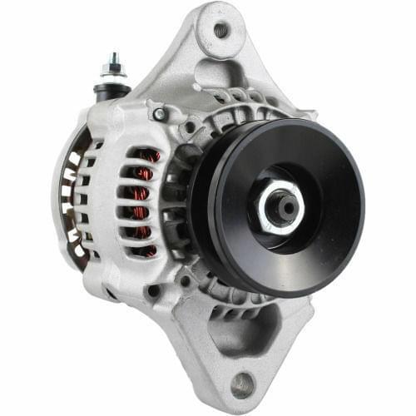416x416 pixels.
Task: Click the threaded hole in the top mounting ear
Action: (x=220, y=31)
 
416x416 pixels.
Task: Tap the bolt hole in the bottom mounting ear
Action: (x=243, y=384)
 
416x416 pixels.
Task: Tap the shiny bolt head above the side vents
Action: (x=158, y=113)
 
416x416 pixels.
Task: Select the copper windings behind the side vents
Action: (x=147, y=200)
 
